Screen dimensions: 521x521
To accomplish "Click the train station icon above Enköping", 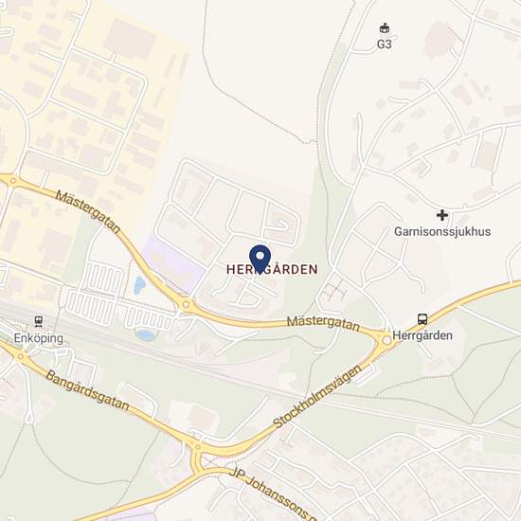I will pos(38,321).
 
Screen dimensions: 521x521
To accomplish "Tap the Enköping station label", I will pos(37,337).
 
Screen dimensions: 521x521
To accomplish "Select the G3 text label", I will pos(385,43).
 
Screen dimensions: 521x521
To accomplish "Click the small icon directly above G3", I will pos(385,27).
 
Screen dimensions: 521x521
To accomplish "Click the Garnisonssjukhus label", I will pos(442,231).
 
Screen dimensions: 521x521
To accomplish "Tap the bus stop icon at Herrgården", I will pos(423,319).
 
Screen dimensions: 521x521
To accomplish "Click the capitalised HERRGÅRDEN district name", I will pos(271,269).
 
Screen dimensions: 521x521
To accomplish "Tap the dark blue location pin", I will pos(260,257).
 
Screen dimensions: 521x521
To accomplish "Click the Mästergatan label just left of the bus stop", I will pos(323,323).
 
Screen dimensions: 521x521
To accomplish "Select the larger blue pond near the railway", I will pos(147,333).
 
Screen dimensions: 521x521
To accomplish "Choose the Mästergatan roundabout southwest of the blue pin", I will pos(185,305).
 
